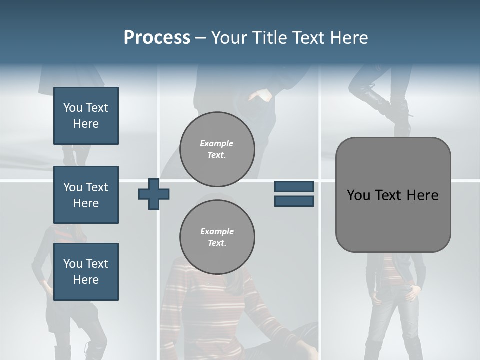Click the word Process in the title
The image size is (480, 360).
pos(157,38)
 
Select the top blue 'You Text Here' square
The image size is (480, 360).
pos(86,116)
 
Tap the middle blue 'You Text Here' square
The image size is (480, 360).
pos(86,195)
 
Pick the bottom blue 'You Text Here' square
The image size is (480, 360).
pos(86,272)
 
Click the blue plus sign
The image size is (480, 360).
pos(154,194)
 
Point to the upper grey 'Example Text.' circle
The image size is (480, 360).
pos(217,149)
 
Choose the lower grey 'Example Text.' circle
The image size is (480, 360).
pos(217,237)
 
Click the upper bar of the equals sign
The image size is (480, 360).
pos(294,187)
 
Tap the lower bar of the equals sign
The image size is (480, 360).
pos(294,201)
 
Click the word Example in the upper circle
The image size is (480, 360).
pos(217,143)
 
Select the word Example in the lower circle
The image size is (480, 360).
pos(217,231)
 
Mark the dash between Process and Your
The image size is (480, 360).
pos(200,38)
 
